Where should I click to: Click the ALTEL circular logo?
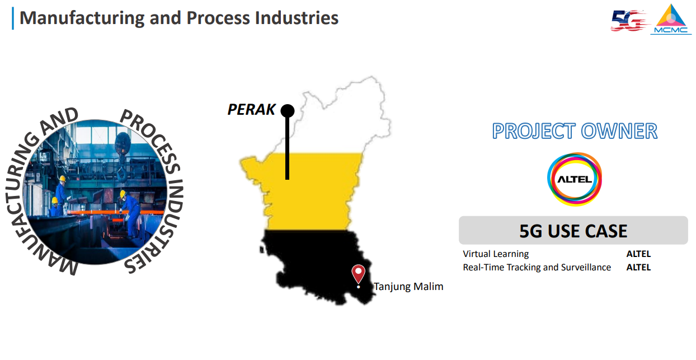click(x=575, y=179)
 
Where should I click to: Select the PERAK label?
click(x=251, y=109)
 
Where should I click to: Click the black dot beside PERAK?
click(x=288, y=111)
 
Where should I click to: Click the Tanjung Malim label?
click(x=408, y=286)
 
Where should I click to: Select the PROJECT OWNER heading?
click(x=575, y=131)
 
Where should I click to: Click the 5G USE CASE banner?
click(x=573, y=231)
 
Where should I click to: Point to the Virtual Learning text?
click(x=496, y=254)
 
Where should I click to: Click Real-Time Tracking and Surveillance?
click(x=537, y=268)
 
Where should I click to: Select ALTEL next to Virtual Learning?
click(x=638, y=254)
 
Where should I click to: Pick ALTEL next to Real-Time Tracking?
click(x=638, y=268)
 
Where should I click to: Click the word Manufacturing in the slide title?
click(x=82, y=18)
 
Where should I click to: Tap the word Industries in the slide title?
click(x=297, y=18)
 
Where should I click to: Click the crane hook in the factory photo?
click(x=122, y=174)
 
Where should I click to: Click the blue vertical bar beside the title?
click(x=13, y=18)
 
